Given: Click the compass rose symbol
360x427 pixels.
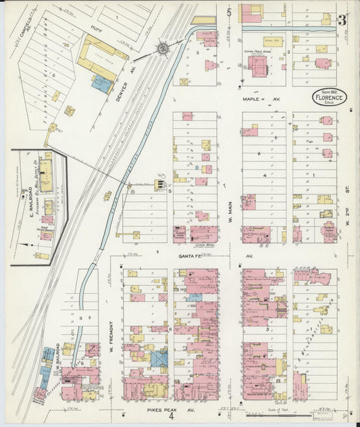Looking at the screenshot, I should tap(163, 48).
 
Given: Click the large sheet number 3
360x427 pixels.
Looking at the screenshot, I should tap(342, 19).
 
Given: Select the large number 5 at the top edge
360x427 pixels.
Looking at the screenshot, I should tap(229, 11).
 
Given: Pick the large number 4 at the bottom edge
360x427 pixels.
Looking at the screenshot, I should tap(172, 416).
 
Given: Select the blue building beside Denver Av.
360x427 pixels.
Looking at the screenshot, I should tap(102, 84).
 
